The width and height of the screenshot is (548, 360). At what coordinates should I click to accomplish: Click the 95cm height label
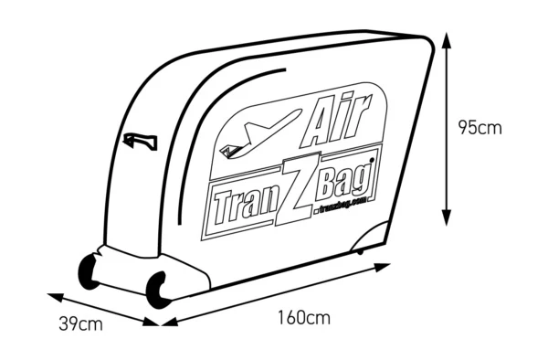pos(480,128)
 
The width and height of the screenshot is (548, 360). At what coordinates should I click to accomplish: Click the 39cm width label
pos(80,323)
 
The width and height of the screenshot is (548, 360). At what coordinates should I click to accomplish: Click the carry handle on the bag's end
pos(139,141)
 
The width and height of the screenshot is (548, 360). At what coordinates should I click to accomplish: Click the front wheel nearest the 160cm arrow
pos(158,288)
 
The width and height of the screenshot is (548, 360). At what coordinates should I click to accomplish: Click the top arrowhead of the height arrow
pos(447,38)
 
